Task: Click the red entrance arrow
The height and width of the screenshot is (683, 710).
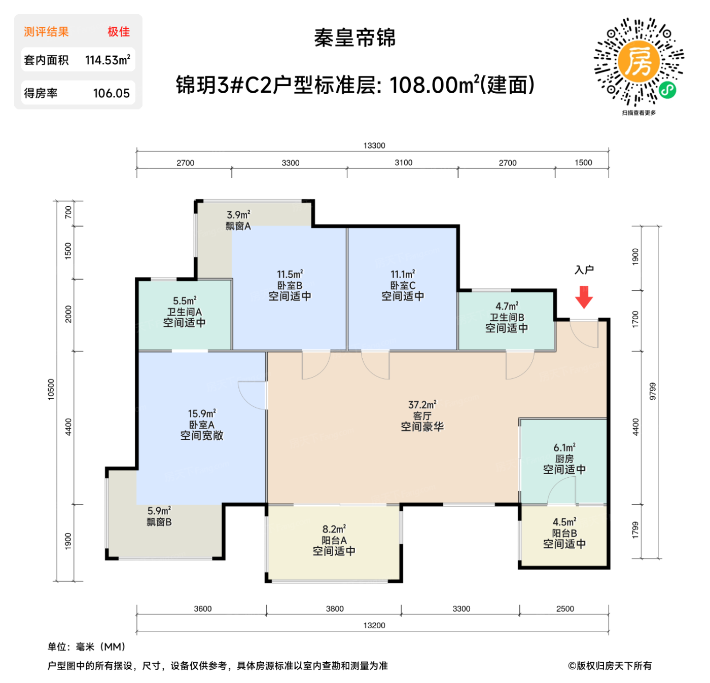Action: (x=584, y=297)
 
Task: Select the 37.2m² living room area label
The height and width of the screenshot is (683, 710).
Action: (x=422, y=405)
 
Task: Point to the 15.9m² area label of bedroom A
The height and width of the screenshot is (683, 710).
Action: (x=202, y=413)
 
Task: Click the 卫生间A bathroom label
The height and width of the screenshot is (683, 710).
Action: (x=184, y=312)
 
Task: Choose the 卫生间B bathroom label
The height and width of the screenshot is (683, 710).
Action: (x=507, y=317)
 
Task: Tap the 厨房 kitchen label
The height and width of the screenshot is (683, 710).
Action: (x=564, y=459)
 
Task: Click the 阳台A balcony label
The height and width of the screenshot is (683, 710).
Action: (x=334, y=540)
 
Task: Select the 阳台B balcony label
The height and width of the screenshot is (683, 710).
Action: (x=564, y=533)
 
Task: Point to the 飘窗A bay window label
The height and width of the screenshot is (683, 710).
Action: (x=238, y=226)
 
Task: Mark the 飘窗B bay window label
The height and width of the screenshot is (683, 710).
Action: (x=159, y=522)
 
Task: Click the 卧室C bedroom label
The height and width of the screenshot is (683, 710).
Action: (x=403, y=285)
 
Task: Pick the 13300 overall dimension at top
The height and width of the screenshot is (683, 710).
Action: (x=374, y=145)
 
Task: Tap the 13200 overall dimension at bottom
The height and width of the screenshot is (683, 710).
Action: (x=374, y=625)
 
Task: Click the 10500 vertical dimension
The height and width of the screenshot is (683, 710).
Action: (x=51, y=389)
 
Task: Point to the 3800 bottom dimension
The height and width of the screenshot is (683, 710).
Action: (x=335, y=609)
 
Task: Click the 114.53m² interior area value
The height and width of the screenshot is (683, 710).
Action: (x=108, y=60)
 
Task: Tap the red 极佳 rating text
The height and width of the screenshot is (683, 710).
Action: (x=119, y=32)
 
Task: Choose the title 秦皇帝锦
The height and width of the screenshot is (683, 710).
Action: (x=354, y=38)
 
